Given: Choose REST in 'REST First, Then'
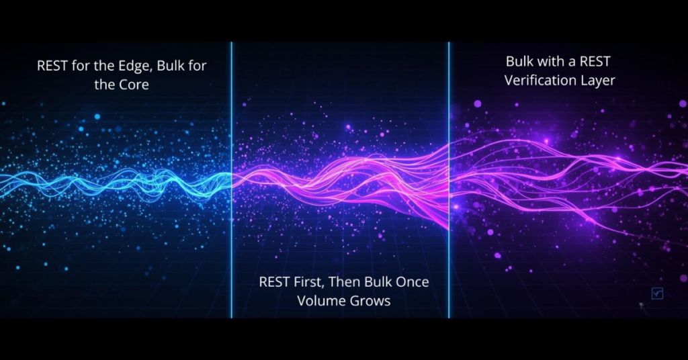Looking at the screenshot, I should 275,281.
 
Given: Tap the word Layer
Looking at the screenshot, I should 600,81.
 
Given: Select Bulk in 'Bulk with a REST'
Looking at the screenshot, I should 520,62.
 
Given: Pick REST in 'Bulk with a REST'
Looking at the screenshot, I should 594,62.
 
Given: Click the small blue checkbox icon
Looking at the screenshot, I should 657,294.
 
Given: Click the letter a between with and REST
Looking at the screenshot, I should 571,62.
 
